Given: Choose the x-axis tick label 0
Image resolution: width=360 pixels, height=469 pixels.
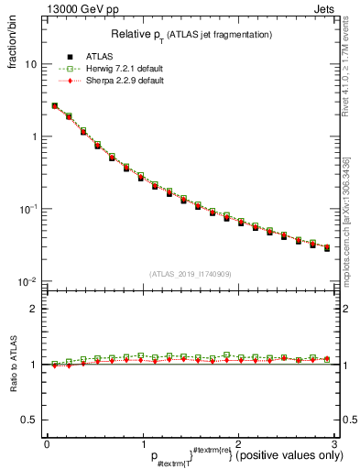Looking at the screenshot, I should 47,443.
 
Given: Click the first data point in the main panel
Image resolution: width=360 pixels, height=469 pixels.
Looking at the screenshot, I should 54,106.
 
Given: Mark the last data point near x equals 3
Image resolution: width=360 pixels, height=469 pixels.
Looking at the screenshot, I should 328,248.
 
